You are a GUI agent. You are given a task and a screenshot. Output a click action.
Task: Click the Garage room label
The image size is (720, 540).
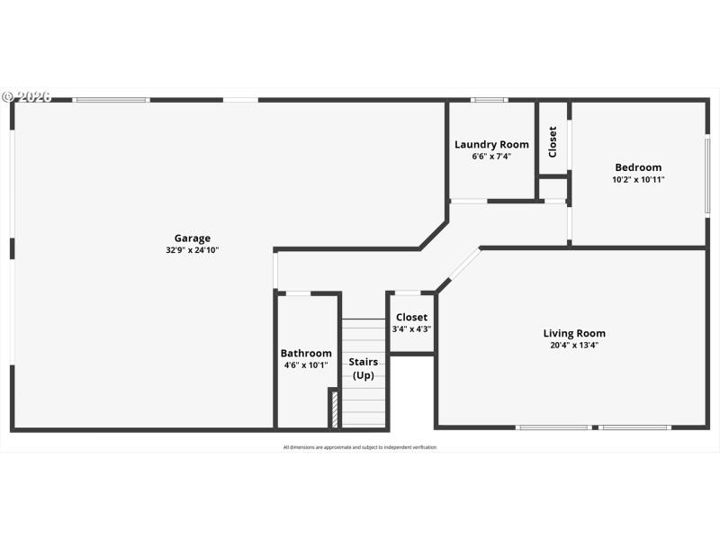pyautogui.click(x=192, y=238)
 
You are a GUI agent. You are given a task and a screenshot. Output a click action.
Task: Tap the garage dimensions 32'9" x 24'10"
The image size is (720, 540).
pyautogui.click(x=192, y=250)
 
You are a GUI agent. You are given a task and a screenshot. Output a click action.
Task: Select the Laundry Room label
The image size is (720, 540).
pyautogui.click(x=491, y=144)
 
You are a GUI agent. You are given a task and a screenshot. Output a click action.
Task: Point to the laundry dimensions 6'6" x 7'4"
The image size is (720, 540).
pyautogui.click(x=491, y=156)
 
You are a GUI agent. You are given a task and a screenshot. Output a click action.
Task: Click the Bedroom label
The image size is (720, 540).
pyautogui.click(x=638, y=166)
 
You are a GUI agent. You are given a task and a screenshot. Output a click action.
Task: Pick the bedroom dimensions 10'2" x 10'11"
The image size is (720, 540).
pyautogui.click(x=638, y=179)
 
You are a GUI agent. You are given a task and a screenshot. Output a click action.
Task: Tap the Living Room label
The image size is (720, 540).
pyautogui.click(x=574, y=333)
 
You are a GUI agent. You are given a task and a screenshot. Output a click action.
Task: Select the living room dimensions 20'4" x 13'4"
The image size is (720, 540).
pyautogui.click(x=574, y=345)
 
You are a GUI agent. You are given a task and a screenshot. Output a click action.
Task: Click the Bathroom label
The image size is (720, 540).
pyautogui.click(x=306, y=353)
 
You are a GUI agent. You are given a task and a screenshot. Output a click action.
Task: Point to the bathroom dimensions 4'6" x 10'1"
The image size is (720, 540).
pyautogui.click(x=306, y=364)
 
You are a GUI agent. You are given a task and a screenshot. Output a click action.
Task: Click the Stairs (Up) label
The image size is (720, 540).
pyautogui.click(x=364, y=368)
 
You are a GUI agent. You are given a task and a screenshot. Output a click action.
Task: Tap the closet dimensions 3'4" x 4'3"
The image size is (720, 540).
pyautogui.click(x=411, y=329)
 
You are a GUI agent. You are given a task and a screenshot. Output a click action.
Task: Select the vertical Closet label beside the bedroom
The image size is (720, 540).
pyautogui.click(x=553, y=140)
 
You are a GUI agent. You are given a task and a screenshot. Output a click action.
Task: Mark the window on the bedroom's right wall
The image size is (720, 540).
pyautogui.click(x=707, y=175)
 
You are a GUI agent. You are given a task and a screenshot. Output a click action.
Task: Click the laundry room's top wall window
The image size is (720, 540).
pyautogui.click(x=489, y=100)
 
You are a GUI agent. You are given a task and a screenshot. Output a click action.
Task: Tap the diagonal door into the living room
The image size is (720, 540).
pyautogui.click(x=464, y=265)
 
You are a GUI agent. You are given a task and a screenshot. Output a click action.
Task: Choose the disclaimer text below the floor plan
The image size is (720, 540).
pyautogui.click(x=360, y=447)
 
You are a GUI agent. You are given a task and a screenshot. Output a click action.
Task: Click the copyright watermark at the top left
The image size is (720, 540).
pyautogui.click(x=27, y=96)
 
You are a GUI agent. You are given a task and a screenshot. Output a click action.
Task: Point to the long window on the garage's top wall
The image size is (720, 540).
pyautogui.click(x=111, y=100)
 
